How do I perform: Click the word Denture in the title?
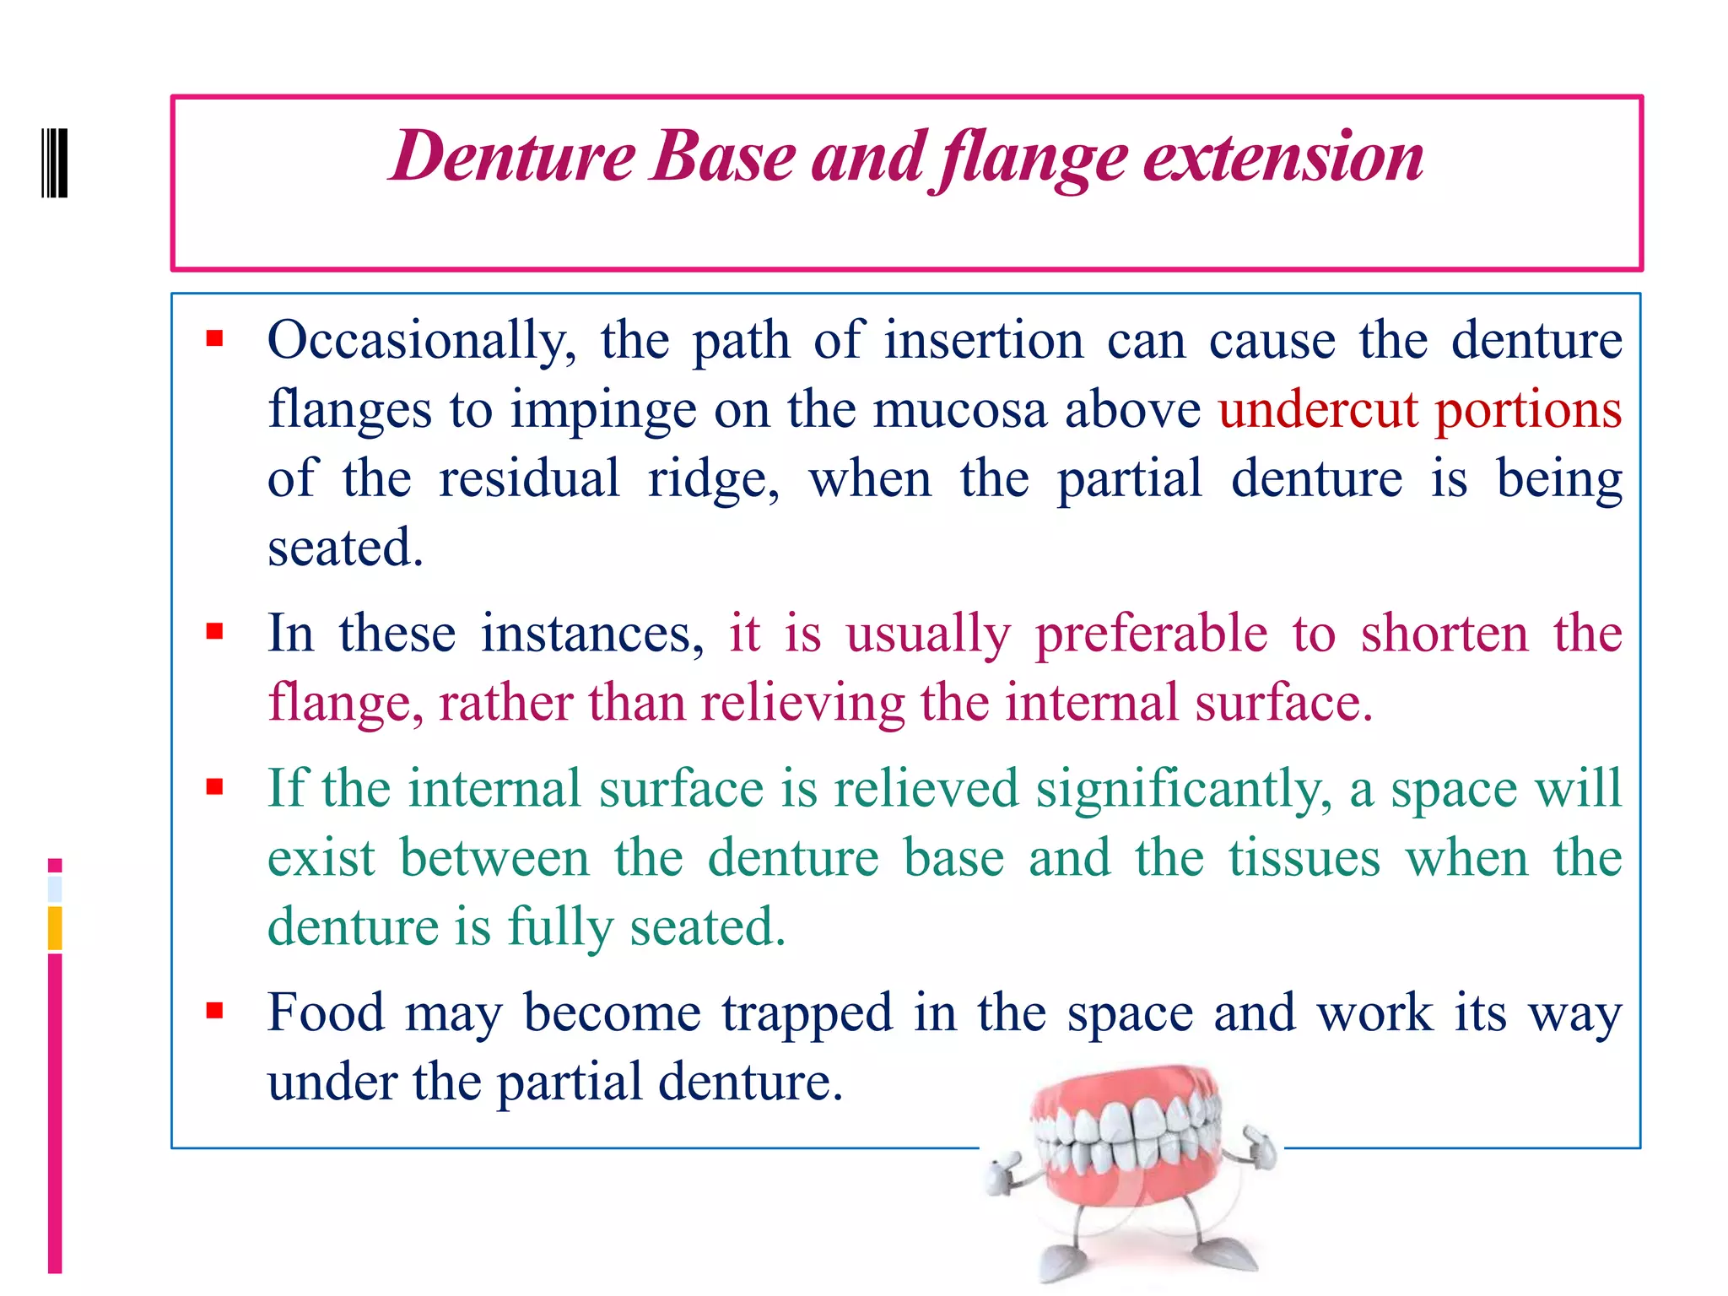[512, 157]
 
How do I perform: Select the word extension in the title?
[1283, 157]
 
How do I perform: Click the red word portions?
[1528, 410]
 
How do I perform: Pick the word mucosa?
[959, 410]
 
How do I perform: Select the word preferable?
[1151, 634]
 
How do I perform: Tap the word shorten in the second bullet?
[1444, 634]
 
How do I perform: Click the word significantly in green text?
[1184, 789]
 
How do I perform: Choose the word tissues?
[1304, 858]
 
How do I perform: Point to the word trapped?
[807, 1013]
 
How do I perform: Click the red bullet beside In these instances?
[214, 632]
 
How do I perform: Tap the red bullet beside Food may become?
[214, 1010]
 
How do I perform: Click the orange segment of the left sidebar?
[55, 928]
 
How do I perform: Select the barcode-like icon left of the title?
[55, 162]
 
